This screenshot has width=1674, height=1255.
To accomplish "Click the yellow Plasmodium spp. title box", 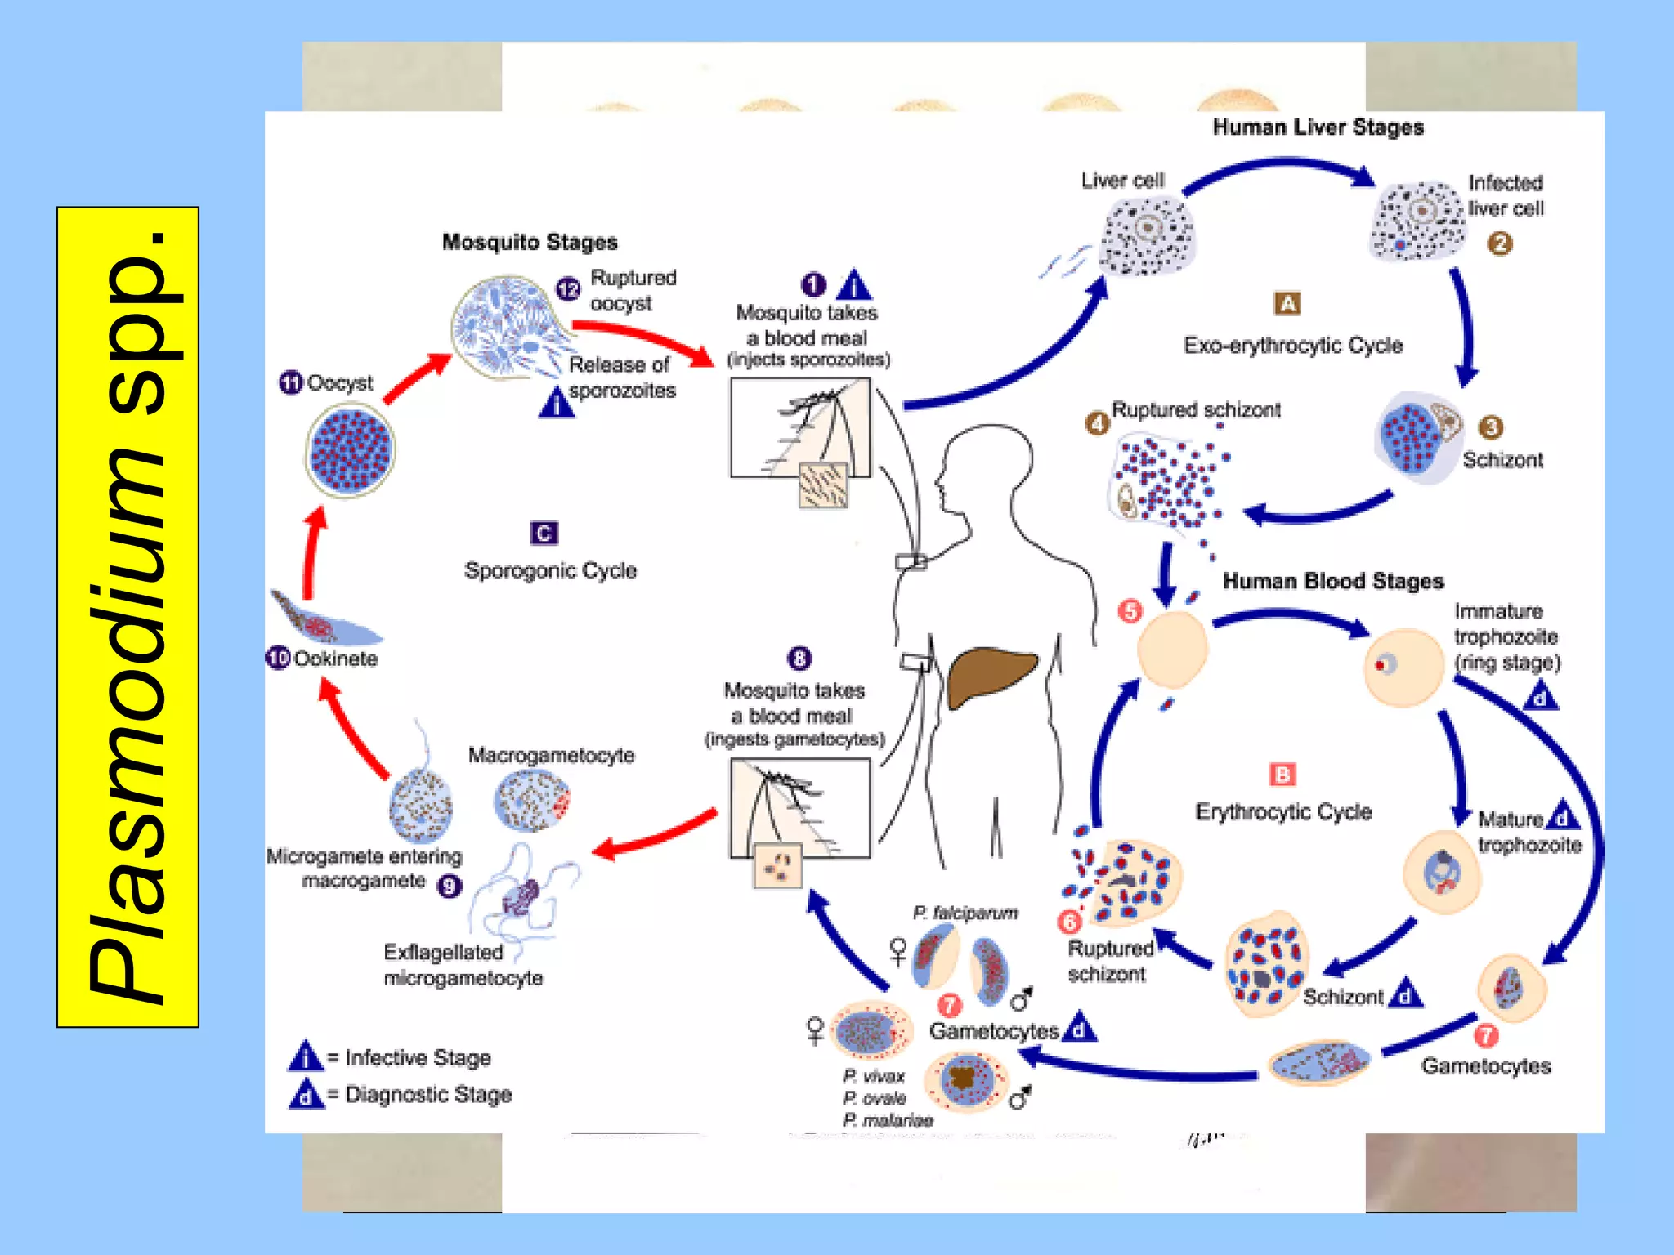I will click(x=128, y=617).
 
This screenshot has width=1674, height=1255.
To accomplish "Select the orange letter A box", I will click(x=1287, y=304).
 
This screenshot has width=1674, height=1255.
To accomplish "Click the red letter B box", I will click(x=1282, y=775).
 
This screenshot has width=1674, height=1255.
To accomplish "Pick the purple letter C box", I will click(x=544, y=534).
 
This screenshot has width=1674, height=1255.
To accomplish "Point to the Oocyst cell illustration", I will click(x=351, y=451).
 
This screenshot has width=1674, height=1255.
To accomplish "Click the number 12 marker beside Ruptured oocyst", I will click(x=568, y=288).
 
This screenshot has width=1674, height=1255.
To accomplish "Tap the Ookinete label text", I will click(x=335, y=659).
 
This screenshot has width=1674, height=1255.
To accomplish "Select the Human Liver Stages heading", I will click(x=1318, y=127).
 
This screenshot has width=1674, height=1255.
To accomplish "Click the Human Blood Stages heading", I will click(x=1332, y=581).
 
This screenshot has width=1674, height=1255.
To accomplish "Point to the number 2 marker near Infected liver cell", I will click(x=1499, y=243).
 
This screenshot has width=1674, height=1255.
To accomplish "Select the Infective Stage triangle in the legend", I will click(x=306, y=1056).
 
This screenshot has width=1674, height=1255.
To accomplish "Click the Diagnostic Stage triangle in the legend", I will click(x=306, y=1094).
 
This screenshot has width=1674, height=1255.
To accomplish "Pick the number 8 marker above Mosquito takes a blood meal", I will click(x=799, y=658).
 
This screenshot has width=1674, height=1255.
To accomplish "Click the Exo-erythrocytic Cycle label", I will click(x=1293, y=346).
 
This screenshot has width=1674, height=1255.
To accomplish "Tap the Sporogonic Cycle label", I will click(x=550, y=570).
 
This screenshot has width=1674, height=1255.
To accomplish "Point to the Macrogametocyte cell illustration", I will click(x=531, y=801).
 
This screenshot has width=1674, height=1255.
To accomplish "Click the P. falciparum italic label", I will click(x=965, y=913).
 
